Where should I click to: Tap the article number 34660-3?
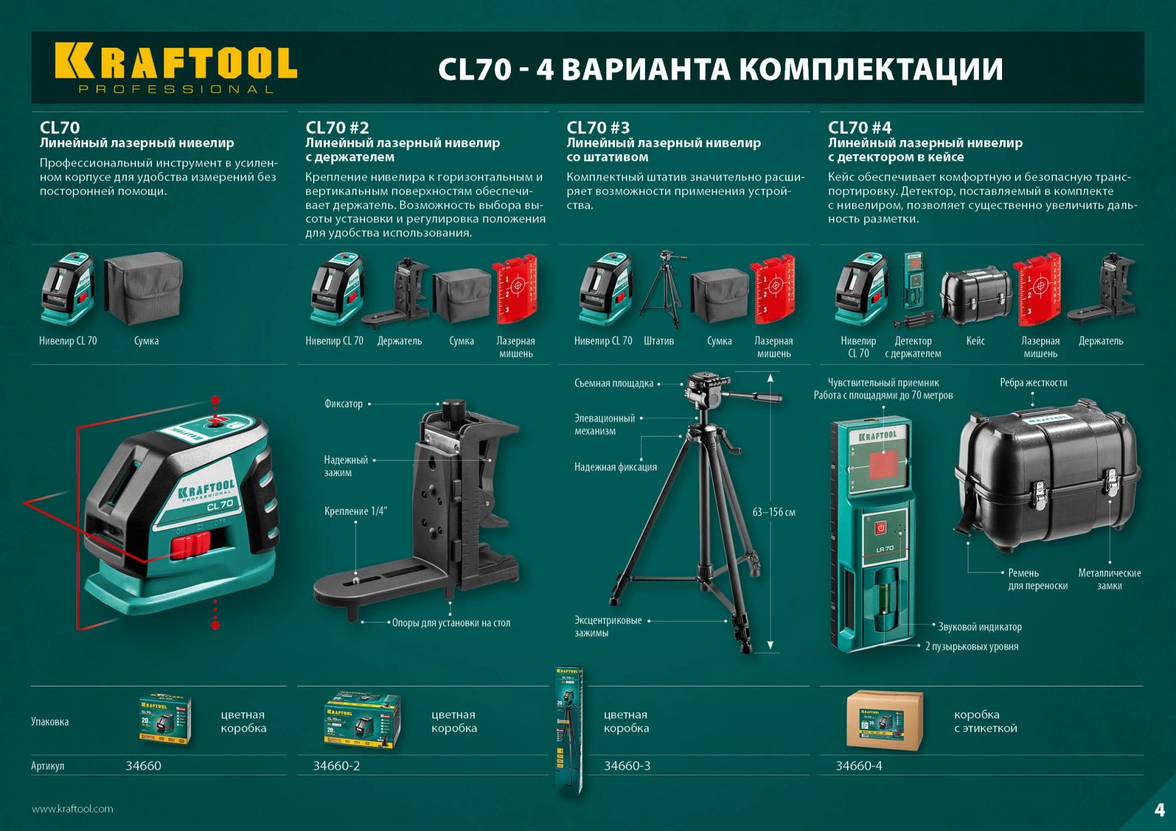point(627,765)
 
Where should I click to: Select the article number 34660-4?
point(859,765)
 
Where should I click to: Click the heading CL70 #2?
point(337,127)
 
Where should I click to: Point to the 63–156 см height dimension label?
point(774,512)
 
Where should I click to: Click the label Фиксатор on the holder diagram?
point(343,404)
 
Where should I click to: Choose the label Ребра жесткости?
point(1033,383)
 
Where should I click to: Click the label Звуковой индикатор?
point(979,627)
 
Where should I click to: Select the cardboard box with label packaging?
point(884,721)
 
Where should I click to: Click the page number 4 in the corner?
point(1159,810)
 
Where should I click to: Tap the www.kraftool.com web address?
point(72,809)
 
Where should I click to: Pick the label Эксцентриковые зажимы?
point(608,626)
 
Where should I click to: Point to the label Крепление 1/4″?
point(355,511)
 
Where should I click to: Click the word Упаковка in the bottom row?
point(50,721)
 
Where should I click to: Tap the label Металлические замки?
point(1109,579)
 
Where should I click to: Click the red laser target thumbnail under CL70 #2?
point(514,289)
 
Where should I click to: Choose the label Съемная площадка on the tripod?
point(614,383)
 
